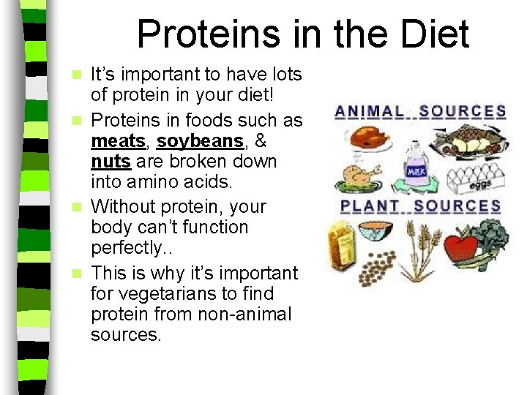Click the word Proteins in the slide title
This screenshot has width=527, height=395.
click(204, 34)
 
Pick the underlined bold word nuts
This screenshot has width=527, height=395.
click(111, 160)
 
